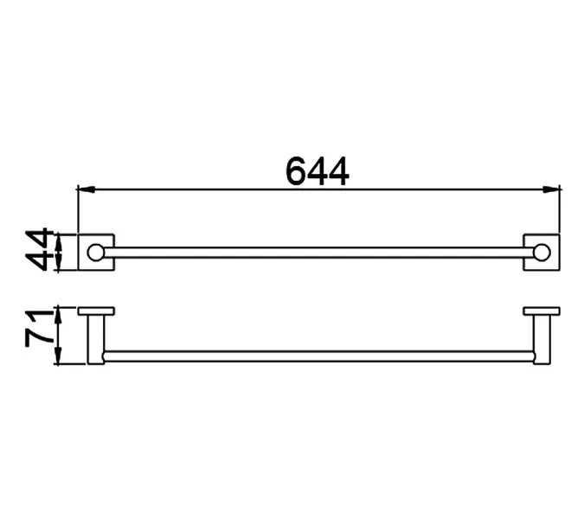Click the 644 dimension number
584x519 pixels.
318,171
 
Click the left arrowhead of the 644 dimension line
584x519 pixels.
86,189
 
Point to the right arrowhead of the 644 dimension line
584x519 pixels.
551,189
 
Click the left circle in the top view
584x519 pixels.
96,253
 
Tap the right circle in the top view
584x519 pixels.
541,253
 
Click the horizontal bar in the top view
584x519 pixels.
318,253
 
